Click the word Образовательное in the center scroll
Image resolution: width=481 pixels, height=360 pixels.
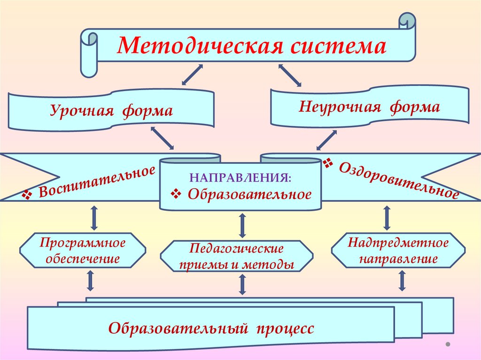tap(249, 194)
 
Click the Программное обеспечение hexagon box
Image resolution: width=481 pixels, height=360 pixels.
tap(83, 251)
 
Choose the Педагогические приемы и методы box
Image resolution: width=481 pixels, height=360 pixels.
tap(236, 256)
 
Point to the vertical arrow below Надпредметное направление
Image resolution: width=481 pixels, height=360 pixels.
tap(402, 281)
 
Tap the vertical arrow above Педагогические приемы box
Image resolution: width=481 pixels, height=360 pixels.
tap(242, 225)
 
